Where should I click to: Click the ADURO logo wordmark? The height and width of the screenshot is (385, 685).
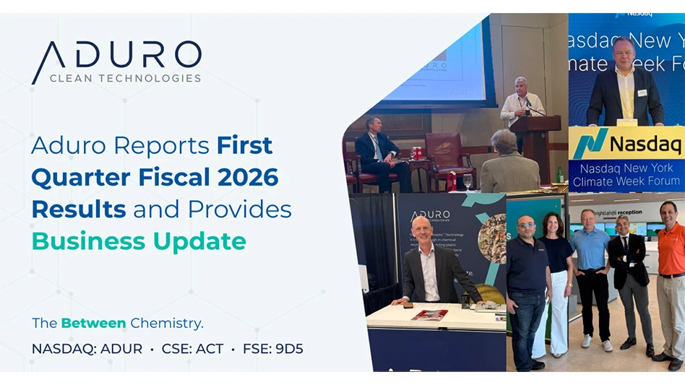point(116,56)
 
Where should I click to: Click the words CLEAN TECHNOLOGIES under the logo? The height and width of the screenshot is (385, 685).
point(125,78)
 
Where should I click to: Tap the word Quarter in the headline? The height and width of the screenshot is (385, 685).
point(76,177)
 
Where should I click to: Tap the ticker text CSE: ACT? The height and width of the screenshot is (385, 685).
point(192,349)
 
